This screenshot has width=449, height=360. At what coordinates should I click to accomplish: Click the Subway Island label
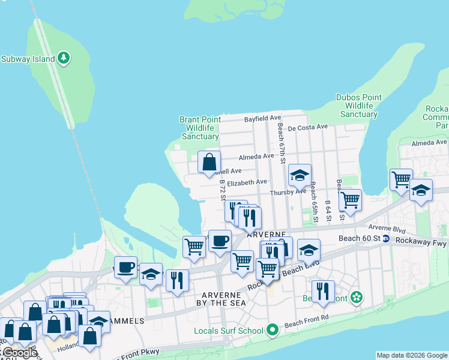(x=28, y=59)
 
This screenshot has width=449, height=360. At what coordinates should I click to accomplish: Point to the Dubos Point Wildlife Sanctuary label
(x=358, y=106)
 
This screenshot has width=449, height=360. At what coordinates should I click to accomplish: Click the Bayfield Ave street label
(x=262, y=119)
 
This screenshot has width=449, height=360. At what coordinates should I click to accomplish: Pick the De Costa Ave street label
(x=307, y=127)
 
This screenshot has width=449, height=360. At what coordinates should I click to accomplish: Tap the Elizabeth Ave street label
(x=247, y=182)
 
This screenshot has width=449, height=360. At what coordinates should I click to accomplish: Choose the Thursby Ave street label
(x=288, y=192)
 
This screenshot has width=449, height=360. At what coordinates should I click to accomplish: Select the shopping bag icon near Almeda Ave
(x=209, y=161)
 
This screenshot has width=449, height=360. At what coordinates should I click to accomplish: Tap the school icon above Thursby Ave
(x=300, y=175)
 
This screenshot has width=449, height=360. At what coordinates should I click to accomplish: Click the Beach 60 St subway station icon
(x=387, y=238)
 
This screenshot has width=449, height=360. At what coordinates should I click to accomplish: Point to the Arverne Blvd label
(x=387, y=229)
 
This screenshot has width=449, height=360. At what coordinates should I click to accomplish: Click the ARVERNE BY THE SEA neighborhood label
(x=223, y=299)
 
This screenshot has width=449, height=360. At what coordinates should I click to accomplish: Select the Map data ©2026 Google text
(x=412, y=355)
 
